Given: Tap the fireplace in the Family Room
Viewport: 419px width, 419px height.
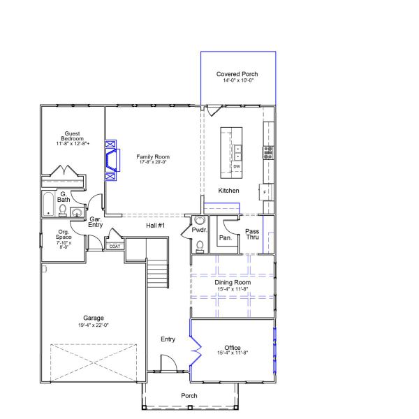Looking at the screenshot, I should coord(110,160).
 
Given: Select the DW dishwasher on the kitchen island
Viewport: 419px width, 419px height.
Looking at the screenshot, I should coord(237,166).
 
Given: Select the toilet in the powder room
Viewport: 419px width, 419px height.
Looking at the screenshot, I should coord(199,245).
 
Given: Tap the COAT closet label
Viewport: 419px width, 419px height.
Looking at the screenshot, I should coord(114,246).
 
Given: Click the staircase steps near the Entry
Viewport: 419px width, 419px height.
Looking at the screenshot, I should coord(159,274).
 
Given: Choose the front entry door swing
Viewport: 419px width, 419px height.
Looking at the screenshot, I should coord(168,363).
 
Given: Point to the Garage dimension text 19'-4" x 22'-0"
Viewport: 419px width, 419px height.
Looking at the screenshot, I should coord(94,325).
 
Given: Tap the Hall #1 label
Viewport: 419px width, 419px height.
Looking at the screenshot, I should coord(155,226).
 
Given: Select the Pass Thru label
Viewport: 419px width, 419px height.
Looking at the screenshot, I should coord(252,234).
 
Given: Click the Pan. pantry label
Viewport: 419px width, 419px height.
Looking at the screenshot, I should coord(225,237).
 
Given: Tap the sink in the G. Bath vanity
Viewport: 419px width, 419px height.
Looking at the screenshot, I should coord(76,213).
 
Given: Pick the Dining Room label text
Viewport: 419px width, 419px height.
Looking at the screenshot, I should coord(233,283).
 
